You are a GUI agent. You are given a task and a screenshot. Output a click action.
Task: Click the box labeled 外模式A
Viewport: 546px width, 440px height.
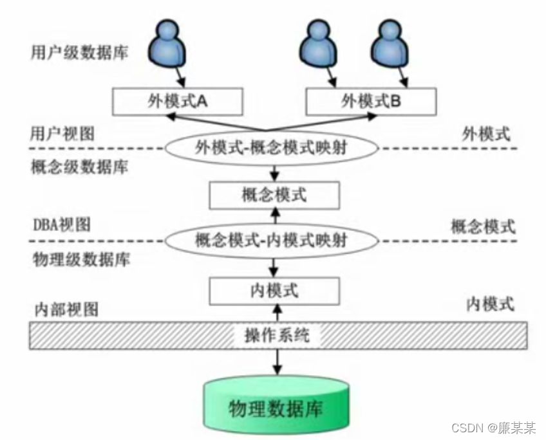(178, 101)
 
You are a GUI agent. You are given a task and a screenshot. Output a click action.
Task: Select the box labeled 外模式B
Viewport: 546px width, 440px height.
(371, 101)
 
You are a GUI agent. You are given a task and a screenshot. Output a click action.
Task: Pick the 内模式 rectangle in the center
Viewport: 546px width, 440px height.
(274, 291)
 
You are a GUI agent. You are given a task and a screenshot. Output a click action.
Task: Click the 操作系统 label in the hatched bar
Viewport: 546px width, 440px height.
(278, 335)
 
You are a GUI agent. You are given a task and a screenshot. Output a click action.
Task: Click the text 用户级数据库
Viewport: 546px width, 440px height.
(79, 52)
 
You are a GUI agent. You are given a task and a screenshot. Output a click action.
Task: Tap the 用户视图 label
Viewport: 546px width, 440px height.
(62, 133)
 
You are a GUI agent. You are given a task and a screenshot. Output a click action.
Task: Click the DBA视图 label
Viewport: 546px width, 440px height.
(62, 225)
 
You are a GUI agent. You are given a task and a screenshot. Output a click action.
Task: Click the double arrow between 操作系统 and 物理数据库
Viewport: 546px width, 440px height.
(278, 360)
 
